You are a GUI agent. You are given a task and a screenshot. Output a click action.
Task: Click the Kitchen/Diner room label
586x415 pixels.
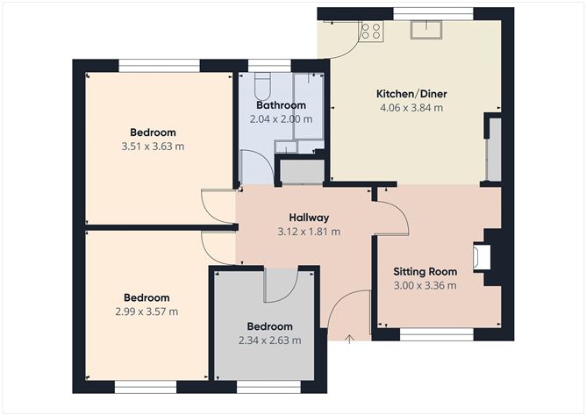pyautogui.click(x=411, y=94)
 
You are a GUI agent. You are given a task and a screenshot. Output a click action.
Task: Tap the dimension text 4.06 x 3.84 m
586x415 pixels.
pyautogui.click(x=411, y=108)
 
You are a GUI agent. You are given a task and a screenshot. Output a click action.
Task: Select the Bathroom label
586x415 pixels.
pyautogui.click(x=281, y=105)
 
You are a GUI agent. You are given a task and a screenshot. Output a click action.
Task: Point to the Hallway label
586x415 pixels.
pyautogui.click(x=309, y=218)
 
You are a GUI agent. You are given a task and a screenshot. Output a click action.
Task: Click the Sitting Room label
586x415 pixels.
pyautogui.click(x=425, y=272)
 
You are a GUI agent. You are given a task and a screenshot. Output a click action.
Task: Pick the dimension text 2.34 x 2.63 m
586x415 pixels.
pyautogui.click(x=270, y=340)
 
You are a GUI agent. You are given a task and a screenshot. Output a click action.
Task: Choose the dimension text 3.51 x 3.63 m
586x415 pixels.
pyautogui.click(x=153, y=147)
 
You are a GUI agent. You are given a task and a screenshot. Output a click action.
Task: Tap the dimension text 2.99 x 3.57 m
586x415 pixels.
pyautogui.click(x=146, y=311)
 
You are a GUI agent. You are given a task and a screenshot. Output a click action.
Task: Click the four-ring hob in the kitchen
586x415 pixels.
pyautogui.click(x=371, y=31)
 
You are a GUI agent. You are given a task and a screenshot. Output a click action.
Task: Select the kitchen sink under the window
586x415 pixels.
pyautogui.click(x=426, y=30)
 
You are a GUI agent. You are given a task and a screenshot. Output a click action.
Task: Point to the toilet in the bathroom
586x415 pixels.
pyautogui.click(x=262, y=86)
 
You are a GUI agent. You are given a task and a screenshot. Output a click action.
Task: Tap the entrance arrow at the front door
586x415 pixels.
pyautogui.click(x=349, y=339)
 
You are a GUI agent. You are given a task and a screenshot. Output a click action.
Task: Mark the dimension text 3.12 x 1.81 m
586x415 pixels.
pyautogui.click(x=309, y=232)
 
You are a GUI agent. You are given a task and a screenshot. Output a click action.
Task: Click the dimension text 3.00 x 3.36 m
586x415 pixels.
pyautogui.click(x=425, y=286)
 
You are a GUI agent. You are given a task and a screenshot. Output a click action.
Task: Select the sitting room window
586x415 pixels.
pyautogui.click(x=437, y=334)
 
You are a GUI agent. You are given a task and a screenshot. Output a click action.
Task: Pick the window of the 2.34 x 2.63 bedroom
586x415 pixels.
pyautogui.click(x=268, y=387)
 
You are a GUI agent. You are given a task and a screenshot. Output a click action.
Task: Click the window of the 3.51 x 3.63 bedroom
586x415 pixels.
pyautogui.click(x=160, y=66)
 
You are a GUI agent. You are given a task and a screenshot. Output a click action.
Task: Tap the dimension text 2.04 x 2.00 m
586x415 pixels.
pyautogui.click(x=281, y=119)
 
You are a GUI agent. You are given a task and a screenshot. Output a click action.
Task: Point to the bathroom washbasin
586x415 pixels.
pyautogui.click(x=285, y=147)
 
